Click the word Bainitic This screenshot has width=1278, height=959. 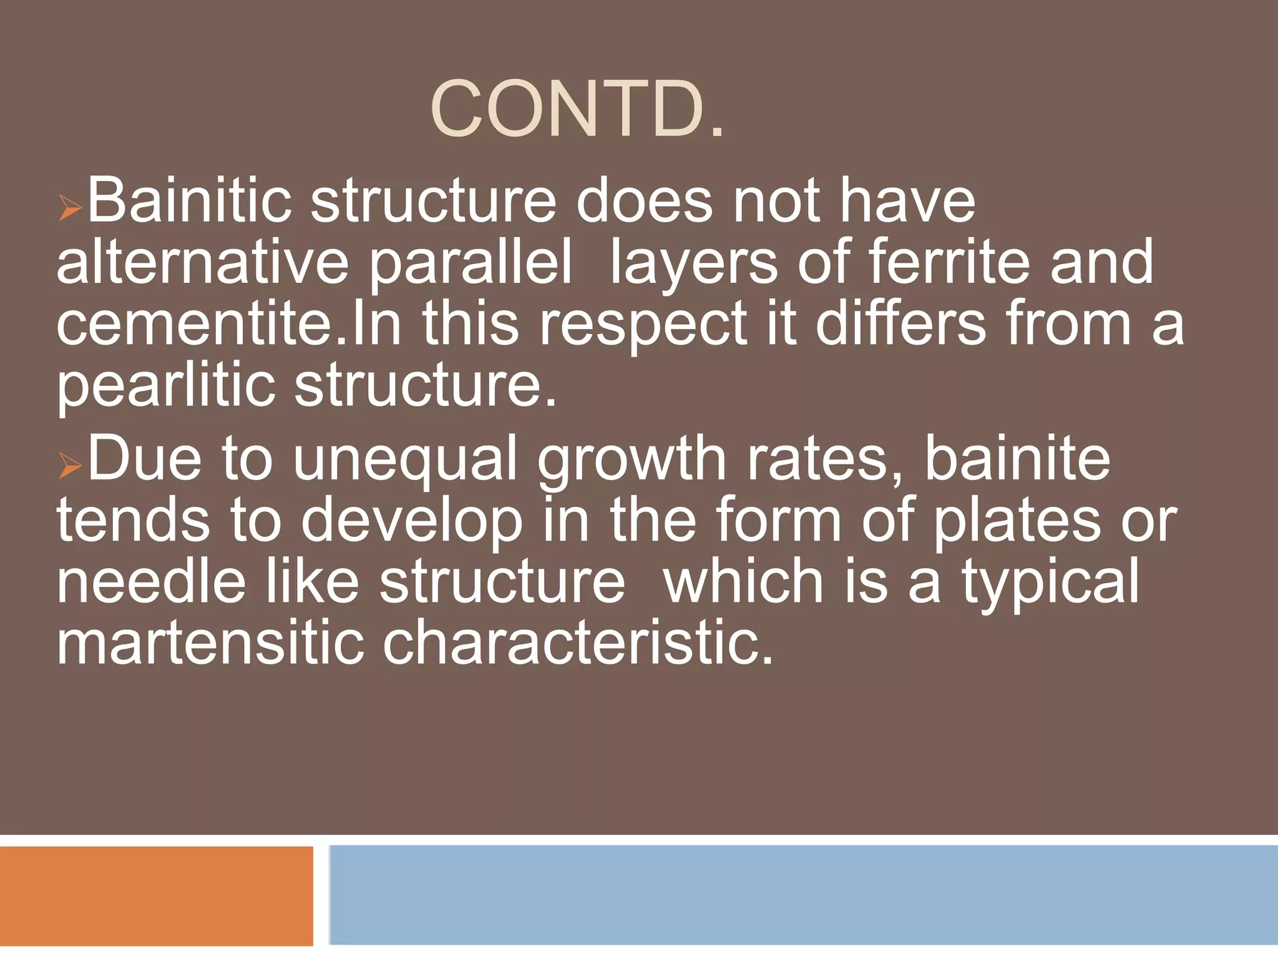click(189, 201)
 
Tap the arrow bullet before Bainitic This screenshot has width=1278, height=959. click(71, 207)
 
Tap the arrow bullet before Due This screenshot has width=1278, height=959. click(71, 466)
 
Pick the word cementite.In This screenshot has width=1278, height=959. click(228, 324)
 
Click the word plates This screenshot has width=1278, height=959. click(1017, 522)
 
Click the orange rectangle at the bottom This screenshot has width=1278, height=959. click(156, 895)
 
